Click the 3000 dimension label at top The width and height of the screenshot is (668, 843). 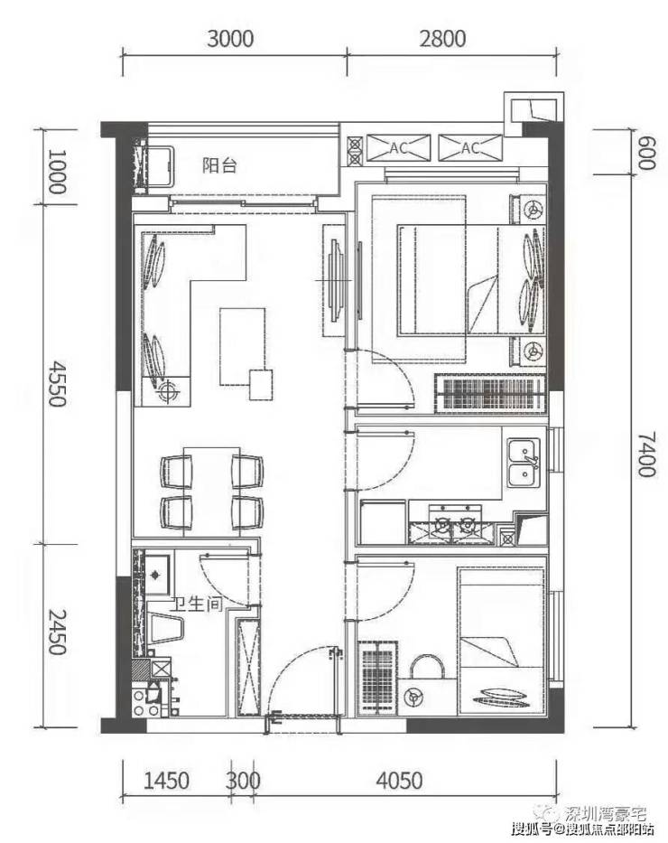point(230,39)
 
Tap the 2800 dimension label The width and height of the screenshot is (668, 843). point(442,39)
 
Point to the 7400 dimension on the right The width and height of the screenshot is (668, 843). point(646,454)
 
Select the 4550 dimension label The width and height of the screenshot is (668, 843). point(57,383)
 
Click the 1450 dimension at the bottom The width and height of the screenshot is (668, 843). point(166,781)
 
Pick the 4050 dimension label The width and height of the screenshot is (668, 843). point(399,781)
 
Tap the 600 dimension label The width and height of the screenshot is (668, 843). point(646,153)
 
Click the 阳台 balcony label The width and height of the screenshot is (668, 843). point(219,165)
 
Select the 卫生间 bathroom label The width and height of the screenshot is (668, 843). point(197,604)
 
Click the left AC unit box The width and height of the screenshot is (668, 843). point(397,148)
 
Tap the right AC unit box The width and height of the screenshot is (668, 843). point(470,148)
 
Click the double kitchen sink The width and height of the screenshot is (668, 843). point(524,463)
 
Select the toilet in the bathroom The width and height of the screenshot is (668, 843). point(165,628)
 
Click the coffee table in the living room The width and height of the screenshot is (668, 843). point(243,346)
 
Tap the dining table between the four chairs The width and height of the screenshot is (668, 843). point(212,492)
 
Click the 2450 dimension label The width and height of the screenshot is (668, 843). point(57,632)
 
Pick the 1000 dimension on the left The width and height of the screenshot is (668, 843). point(57,172)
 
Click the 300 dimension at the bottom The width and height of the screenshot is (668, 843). point(243,781)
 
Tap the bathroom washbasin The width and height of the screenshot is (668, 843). point(156,575)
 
